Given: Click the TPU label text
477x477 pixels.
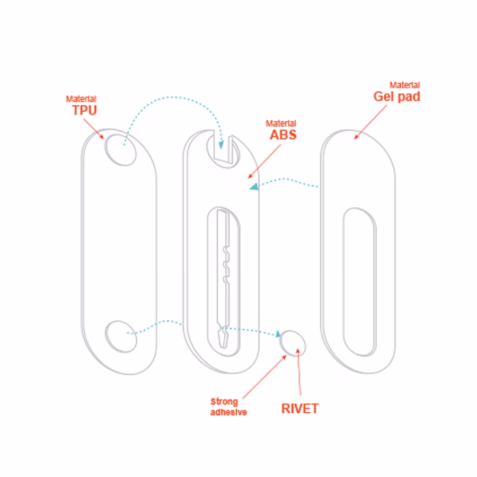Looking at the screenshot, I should pyautogui.click(x=85, y=111).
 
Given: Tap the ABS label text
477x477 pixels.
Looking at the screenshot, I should pyautogui.click(x=283, y=134).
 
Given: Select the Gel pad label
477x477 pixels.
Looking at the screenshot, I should pyautogui.click(x=397, y=96).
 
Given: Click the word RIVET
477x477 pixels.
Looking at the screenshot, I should pyautogui.click(x=300, y=409).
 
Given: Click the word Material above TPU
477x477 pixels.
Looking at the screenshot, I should pyautogui.click(x=81, y=99).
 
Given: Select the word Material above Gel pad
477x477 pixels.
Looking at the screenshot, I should pyautogui.click(x=405, y=85).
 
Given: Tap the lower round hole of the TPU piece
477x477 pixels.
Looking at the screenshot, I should pyautogui.click(x=121, y=335).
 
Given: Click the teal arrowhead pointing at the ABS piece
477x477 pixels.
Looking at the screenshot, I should pyautogui.click(x=254, y=186).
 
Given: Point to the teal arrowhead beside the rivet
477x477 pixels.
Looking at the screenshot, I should pyautogui.click(x=277, y=334).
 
